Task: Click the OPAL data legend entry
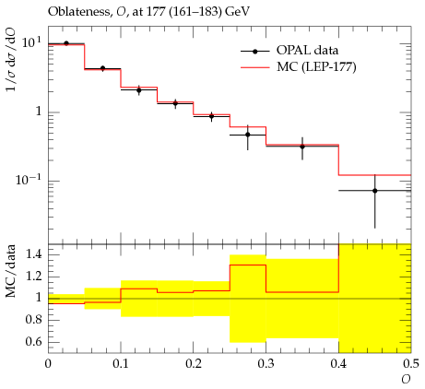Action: tap(289, 51)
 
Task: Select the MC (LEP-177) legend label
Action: tap(316, 66)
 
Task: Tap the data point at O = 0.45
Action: tap(375, 191)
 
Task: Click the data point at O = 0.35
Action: tap(302, 147)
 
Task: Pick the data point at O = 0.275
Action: tap(248, 135)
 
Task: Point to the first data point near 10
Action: tap(66, 43)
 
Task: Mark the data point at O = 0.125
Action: tap(139, 90)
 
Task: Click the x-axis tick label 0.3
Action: tap(266, 364)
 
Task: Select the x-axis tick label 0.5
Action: tap(411, 364)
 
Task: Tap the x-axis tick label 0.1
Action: tap(121, 364)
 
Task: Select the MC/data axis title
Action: tap(10, 271)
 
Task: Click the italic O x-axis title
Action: tap(406, 380)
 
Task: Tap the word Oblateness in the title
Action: tap(78, 12)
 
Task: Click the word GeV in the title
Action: tap(238, 12)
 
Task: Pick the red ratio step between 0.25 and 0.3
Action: tap(248, 265)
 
